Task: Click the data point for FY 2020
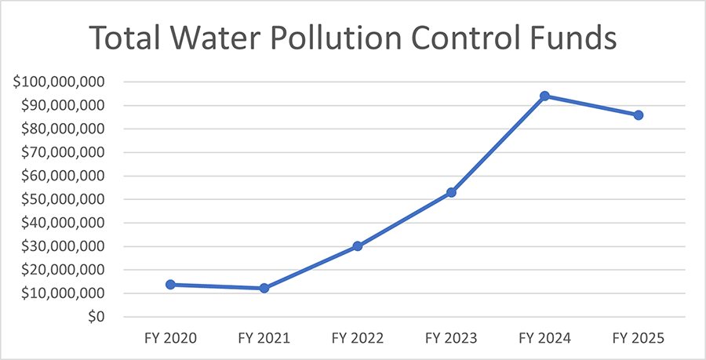point(170,285)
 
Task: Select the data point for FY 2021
point(264,288)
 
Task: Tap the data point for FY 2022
point(358,245)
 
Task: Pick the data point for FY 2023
point(451,192)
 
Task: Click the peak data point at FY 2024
point(544,96)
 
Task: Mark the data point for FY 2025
point(639,115)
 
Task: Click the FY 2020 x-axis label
point(170,339)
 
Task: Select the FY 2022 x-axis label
point(358,339)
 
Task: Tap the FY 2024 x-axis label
point(544,339)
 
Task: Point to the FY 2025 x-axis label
point(639,339)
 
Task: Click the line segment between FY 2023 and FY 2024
point(498,144)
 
